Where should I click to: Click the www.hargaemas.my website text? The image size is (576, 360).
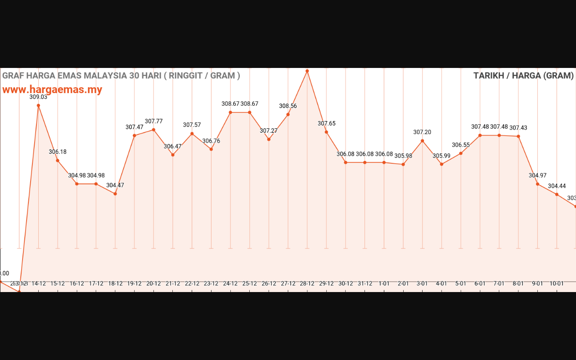pos(52,90)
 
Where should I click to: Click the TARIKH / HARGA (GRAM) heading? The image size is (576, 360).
pos(523,76)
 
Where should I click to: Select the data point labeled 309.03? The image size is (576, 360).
pos(38,105)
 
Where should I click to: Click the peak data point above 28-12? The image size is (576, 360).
pos(307,71)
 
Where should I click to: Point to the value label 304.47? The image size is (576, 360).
pos(115,185)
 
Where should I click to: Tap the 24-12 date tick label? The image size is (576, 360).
pos(230,283)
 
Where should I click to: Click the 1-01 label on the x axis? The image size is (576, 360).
pos(384,283)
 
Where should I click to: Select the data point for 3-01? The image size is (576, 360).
pos(422,141)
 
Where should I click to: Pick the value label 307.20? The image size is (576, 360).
pos(422,132)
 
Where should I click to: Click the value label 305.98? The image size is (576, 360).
pos(403,156)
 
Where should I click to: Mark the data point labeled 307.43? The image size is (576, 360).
pos(518,136)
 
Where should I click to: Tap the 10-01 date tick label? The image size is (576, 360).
pos(557,283)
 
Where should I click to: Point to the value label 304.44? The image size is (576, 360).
pos(557,186)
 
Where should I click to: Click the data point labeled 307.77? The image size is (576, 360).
pos(153,130)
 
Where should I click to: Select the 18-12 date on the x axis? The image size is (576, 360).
pos(115,283)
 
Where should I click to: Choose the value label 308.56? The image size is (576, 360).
pos(288,106)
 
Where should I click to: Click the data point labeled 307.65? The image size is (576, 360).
pos(326,132)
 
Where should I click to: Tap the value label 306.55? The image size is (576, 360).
pos(461,145)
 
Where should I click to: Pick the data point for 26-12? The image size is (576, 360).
pos(269,139)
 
